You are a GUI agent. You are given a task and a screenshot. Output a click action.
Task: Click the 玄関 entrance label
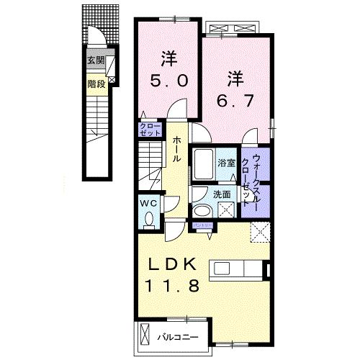[x=95, y=60]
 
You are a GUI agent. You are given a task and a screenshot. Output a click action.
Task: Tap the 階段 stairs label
[x=95, y=83]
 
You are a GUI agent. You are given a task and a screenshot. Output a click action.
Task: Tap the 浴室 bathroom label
[x=227, y=163]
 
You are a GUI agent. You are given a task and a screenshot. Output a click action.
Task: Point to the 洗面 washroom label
[x=221, y=194]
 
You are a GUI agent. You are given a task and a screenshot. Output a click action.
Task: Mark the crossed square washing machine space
[x=226, y=211]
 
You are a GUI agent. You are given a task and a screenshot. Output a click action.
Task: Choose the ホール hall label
[x=176, y=148]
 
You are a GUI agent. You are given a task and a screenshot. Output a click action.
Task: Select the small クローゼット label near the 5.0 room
[x=151, y=130]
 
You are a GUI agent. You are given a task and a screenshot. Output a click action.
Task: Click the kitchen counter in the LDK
[x=238, y=269]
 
